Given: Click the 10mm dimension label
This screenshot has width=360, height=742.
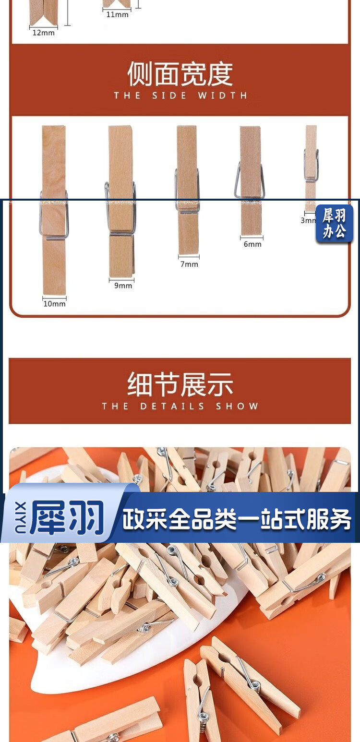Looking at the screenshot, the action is pos(54,303).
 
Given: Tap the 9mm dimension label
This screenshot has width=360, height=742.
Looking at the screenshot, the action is pos(123,285).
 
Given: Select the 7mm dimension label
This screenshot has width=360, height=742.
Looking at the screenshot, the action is pos(189,264).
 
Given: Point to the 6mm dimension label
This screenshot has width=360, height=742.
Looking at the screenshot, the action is pos(252,244).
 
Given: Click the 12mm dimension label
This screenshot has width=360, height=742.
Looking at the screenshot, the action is pos(43,33).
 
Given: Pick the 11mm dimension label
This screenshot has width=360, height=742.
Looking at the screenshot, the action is pos(117,14).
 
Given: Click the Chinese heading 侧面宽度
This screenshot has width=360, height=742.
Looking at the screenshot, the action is pos(180,73).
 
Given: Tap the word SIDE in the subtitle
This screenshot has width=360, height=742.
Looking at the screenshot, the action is pos(169,96).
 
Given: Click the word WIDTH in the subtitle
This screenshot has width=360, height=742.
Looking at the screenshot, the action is pos(223,96).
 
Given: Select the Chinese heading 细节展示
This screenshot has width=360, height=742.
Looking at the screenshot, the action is pos(180,384).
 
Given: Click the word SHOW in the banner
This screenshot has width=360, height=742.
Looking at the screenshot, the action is pos(237,406).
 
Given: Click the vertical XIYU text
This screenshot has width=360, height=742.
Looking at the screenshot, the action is pos(20,518).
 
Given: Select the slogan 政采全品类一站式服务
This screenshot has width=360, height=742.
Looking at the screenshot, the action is pos(237,519).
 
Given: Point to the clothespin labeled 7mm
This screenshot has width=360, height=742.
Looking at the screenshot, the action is pos(188,190).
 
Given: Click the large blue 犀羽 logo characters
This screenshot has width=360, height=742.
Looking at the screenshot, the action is pos(67,518).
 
